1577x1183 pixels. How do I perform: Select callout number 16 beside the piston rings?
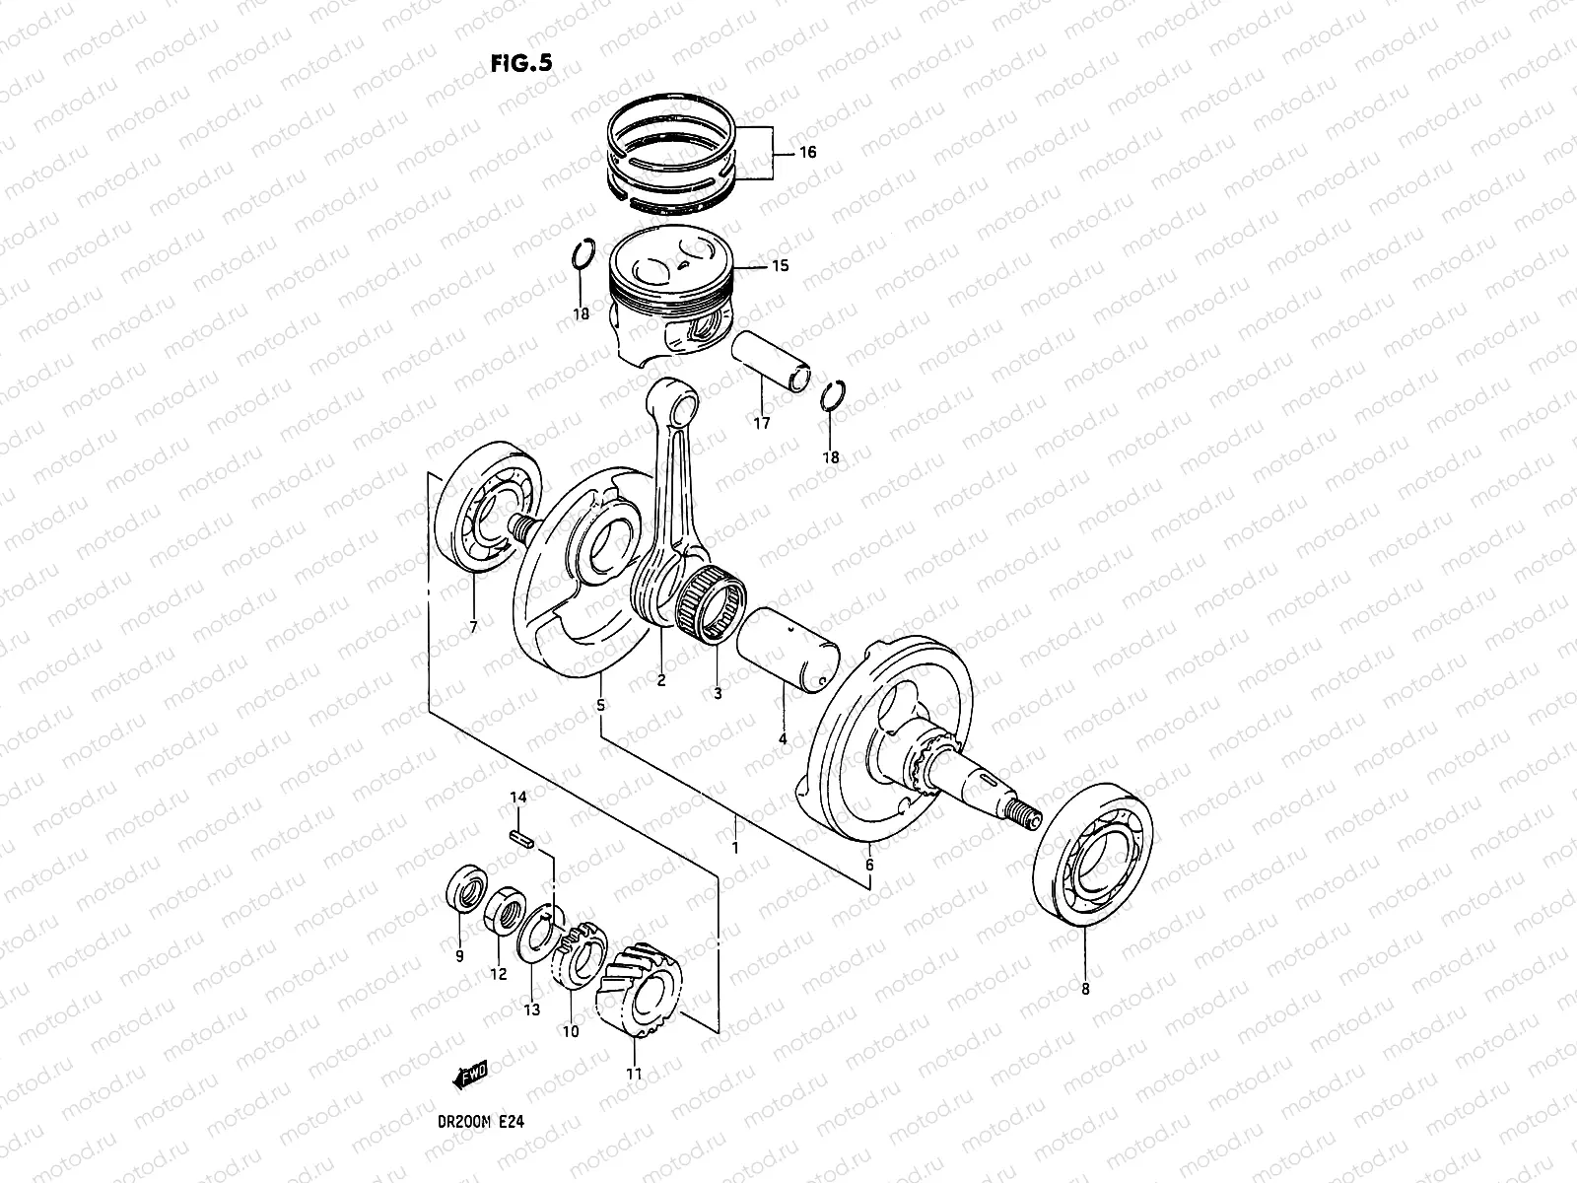[807, 153]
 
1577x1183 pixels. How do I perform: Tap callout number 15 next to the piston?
[780, 266]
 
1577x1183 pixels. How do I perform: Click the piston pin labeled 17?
[772, 363]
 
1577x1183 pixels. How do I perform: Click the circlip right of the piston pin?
[834, 396]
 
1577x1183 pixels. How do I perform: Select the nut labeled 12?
[503, 908]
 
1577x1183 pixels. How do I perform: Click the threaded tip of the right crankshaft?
[1027, 814]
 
